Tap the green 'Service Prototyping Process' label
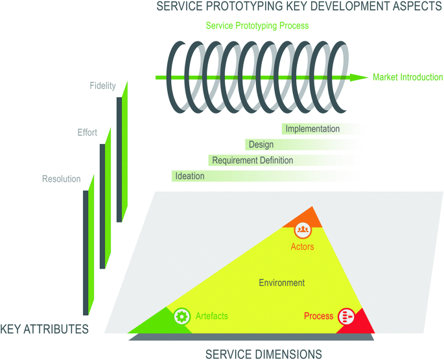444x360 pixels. [x=257, y=26]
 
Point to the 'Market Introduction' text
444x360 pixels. [x=408, y=77]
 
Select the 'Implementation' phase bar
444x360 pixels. [x=312, y=129]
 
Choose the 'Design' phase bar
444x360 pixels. [x=261, y=145]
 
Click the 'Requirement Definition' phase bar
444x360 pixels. [x=253, y=160]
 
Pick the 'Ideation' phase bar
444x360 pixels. [x=190, y=176]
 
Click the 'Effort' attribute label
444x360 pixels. [x=87, y=133]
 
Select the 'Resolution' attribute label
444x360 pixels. [x=62, y=179]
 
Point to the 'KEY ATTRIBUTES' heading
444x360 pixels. [x=45, y=329]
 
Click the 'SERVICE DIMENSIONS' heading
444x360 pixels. [x=264, y=354]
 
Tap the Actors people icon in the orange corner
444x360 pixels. [x=303, y=229]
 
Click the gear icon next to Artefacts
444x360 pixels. [x=182, y=316]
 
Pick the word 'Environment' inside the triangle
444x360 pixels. [x=282, y=283]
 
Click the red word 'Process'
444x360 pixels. [x=318, y=316]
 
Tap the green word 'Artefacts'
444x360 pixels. [x=211, y=316]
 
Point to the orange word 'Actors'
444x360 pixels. [x=303, y=246]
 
